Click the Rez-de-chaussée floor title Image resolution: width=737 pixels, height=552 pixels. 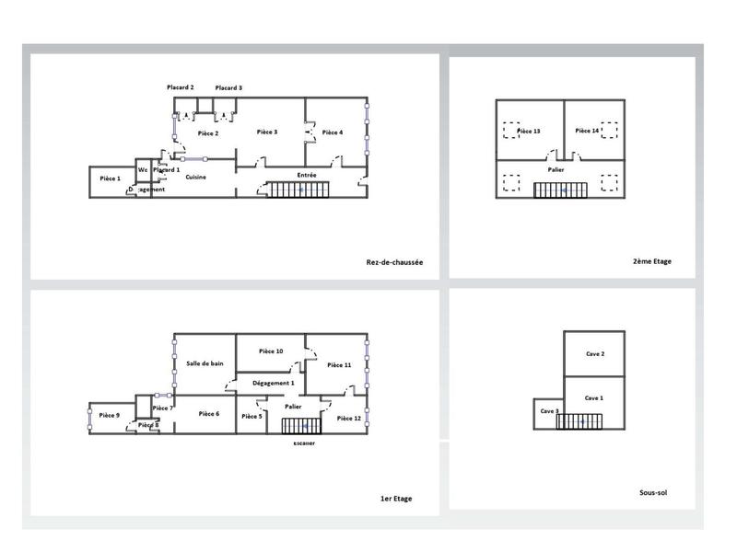[394, 262]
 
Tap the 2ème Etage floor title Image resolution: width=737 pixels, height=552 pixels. [651, 261]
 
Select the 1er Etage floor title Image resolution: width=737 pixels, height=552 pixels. [396, 499]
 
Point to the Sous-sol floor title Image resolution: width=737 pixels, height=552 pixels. [652, 492]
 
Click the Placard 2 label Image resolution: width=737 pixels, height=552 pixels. [180, 87]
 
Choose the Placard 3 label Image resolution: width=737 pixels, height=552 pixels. [228, 87]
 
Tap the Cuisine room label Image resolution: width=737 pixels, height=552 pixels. [195, 177]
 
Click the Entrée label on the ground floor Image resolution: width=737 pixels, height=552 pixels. [307, 175]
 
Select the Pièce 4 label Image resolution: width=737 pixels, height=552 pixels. [333, 132]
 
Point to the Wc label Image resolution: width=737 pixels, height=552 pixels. [143, 170]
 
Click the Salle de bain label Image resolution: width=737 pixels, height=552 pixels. [205, 363]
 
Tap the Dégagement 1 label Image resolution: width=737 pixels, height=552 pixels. [274, 383]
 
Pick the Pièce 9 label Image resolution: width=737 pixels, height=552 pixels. [110, 416]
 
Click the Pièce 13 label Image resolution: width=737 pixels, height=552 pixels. [529, 131]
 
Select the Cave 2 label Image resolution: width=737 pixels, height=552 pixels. [595, 354]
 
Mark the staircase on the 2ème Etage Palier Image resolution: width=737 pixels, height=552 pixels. [563, 190]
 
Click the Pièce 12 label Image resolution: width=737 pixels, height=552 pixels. [350, 419]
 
